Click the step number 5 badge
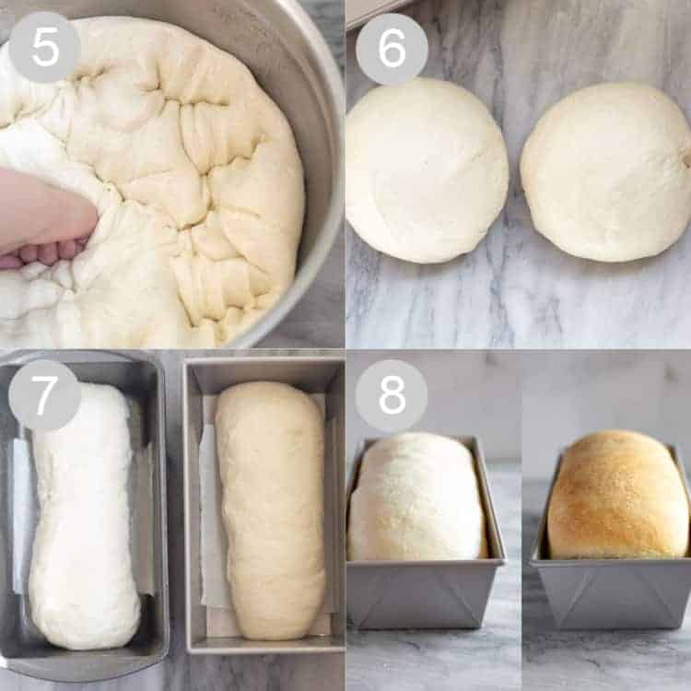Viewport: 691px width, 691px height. [x=44, y=47]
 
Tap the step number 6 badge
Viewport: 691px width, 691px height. [x=392, y=49]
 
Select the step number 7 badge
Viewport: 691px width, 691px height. [x=44, y=394]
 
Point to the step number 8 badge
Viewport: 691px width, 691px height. [x=392, y=395]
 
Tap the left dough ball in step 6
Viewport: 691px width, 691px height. [x=427, y=171]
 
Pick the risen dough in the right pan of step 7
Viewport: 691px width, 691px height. [x=270, y=510]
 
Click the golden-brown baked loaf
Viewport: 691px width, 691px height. [x=618, y=495]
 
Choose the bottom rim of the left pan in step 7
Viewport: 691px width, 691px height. [x=84, y=661]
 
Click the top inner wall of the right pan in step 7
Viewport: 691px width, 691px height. [x=264, y=371]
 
